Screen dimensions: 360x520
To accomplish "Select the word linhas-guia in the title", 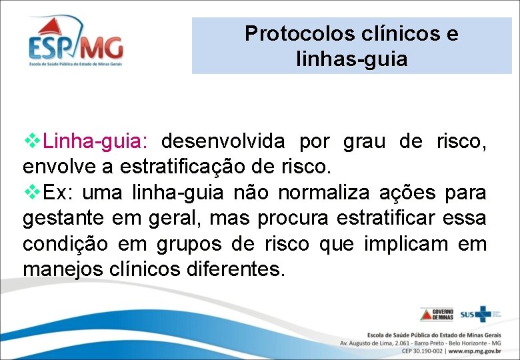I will click(x=351, y=59).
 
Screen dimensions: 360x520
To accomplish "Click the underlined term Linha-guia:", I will click(x=96, y=141).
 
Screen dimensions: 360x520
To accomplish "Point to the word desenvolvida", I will click(x=223, y=141).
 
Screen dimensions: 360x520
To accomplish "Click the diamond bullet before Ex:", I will click(x=32, y=192).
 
